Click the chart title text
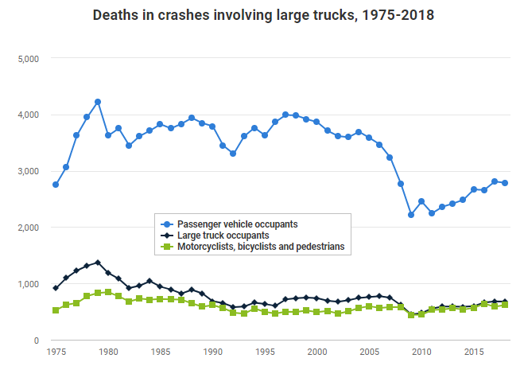(263, 15)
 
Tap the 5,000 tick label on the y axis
(29, 58)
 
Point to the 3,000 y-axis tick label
(29, 171)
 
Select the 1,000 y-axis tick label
(29, 284)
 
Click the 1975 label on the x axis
(56, 351)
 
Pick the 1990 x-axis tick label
(212, 351)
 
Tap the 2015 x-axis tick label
(474, 351)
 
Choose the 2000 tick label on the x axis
(316, 351)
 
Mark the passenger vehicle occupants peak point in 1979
(98, 102)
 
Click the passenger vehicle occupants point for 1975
(56, 185)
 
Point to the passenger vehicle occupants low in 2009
(411, 215)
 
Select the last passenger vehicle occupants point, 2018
(505, 183)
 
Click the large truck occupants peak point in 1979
(98, 263)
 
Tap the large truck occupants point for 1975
(56, 288)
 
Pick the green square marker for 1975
(56, 310)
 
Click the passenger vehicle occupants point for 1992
(233, 154)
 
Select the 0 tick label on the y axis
(35, 341)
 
